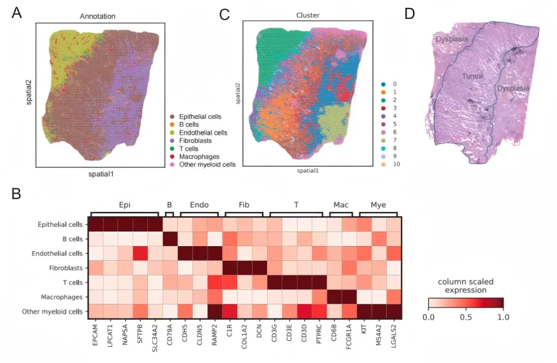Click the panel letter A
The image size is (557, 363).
pyautogui.click(x=17, y=14)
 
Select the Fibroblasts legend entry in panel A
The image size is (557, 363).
pyautogui.click(x=196, y=141)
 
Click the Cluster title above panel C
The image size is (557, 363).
pyautogui.click(x=307, y=15)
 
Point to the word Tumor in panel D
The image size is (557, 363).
pyautogui.click(x=472, y=77)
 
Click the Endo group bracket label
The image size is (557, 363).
pyautogui.click(x=199, y=205)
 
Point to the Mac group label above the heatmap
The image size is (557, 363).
pyautogui.click(x=341, y=205)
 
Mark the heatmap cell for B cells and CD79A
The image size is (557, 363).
pyautogui.click(x=170, y=239)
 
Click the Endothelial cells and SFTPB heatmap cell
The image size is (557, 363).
pyautogui.click(x=140, y=253)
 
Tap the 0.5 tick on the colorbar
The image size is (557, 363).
pyautogui.click(x=465, y=315)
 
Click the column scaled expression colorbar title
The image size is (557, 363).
pyautogui.click(x=465, y=286)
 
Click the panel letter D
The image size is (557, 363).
pyautogui.click(x=410, y=14)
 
